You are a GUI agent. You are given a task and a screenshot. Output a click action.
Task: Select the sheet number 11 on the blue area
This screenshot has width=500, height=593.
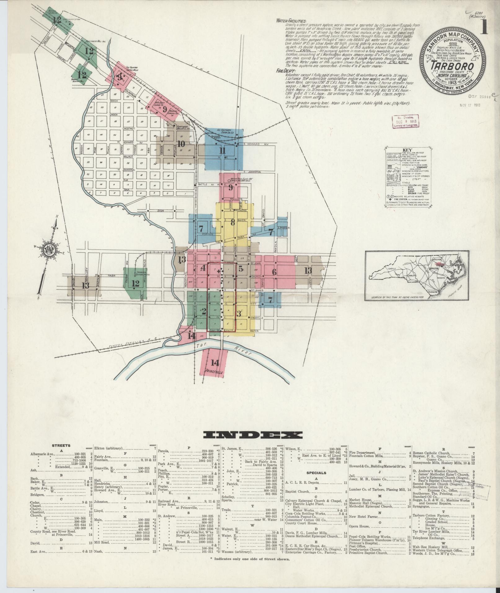point(222,151)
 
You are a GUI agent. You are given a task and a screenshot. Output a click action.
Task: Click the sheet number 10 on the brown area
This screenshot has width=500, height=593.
point(181,144)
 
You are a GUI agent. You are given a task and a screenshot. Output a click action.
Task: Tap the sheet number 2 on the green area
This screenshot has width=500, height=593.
point(204,312)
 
